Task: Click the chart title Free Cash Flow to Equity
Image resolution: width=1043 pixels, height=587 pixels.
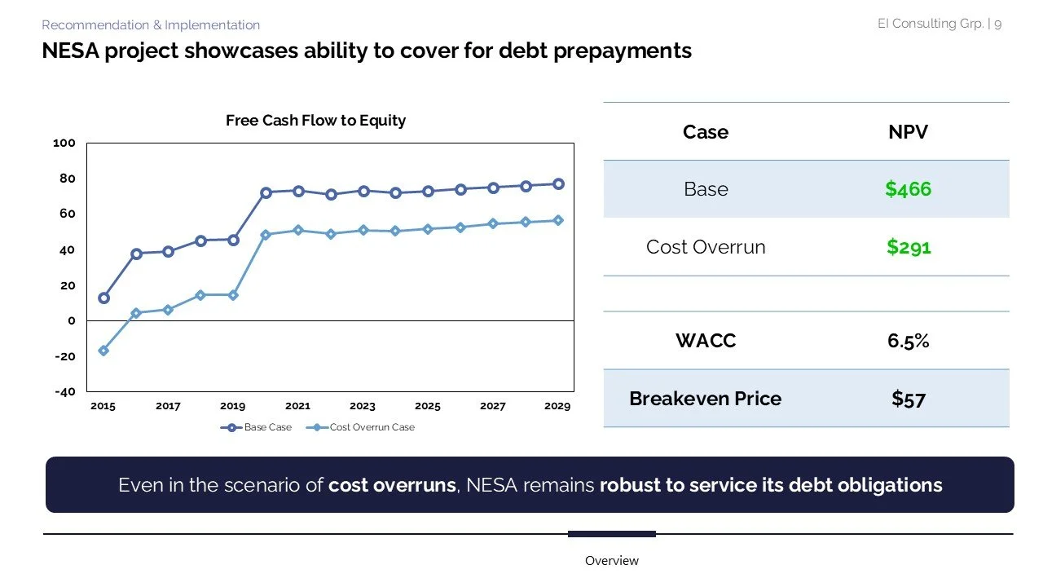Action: (x=315, y=121)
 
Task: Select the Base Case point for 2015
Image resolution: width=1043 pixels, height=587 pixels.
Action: (x=103, y=298)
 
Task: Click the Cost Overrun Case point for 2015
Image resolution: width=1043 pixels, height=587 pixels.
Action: (x=103, y=351)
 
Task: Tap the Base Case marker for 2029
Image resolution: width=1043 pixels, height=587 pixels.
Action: (x=558, y=184)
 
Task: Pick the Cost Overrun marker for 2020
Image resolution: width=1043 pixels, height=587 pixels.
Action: (x=266, y=235)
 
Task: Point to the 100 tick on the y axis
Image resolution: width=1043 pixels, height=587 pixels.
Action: (x=64, y=143)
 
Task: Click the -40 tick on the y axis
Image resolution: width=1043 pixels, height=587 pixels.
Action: (x=64, y=391)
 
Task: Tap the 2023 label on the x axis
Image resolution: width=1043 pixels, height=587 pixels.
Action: (x=363, y=406)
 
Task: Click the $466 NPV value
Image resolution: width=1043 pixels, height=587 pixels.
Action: (x=908, y=189)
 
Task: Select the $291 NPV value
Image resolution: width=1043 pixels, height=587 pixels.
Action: (x=908, y=247)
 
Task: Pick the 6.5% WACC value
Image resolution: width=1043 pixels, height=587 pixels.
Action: (x=908, y=341)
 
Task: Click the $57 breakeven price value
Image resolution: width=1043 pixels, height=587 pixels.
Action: (x=908, y=399)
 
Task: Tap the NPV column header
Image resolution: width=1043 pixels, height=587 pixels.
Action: (x=908, y=132)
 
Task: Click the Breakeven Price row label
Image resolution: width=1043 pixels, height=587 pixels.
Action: (x=705, y=399)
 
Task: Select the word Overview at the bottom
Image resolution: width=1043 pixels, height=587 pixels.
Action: (x=611, y=561)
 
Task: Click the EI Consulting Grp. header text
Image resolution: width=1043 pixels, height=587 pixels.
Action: (x=930, y=24)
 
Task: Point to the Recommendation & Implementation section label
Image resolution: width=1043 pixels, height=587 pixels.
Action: (x=151, y=25)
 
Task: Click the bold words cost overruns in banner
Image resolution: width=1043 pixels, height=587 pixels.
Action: (x=392, y=485)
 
